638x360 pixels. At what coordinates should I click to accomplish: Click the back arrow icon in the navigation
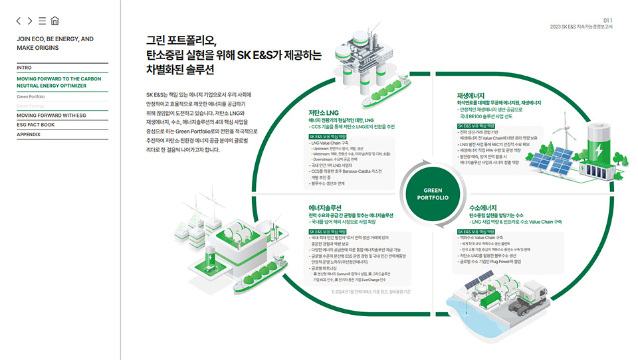19,21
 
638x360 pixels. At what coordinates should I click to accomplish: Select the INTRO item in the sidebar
25,68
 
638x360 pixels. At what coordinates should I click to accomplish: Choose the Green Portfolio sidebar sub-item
31,96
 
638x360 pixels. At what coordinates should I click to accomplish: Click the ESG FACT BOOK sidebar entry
36,125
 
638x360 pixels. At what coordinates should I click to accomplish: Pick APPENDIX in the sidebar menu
29,134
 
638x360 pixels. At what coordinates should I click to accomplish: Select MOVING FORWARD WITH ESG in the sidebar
52,115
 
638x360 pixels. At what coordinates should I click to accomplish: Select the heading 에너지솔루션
325,207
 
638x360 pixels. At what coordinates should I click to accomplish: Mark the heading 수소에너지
484,207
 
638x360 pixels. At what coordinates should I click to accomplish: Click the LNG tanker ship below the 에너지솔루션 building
266,278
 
